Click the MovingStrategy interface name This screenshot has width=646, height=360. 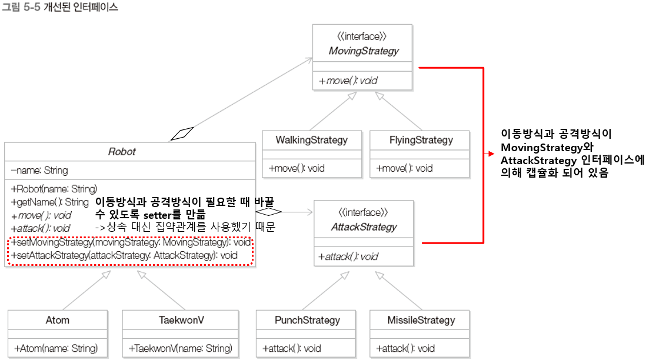[364, 51]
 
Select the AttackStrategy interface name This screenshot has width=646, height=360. [363, 227]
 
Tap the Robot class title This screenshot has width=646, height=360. [122, 152]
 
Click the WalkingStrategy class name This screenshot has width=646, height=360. [311, 140]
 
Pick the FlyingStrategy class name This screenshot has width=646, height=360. [421, 140]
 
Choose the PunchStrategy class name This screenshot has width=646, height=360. [307, 320]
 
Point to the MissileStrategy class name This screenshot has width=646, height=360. [421, 320]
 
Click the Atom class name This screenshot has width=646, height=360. [58, 320]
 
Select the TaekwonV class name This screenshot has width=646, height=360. [181, 320]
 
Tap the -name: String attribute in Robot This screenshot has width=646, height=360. [39, 171]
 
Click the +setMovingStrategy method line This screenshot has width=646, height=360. [131, 243]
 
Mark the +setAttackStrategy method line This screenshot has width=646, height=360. [124, 255]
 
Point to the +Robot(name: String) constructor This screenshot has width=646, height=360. [54, 189]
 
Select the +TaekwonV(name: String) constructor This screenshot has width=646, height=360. [181, 348]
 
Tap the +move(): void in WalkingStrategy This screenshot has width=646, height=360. [297, 168]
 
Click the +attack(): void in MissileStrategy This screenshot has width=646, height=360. [405, 348]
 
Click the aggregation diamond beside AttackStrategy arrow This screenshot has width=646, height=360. [269, 211]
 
